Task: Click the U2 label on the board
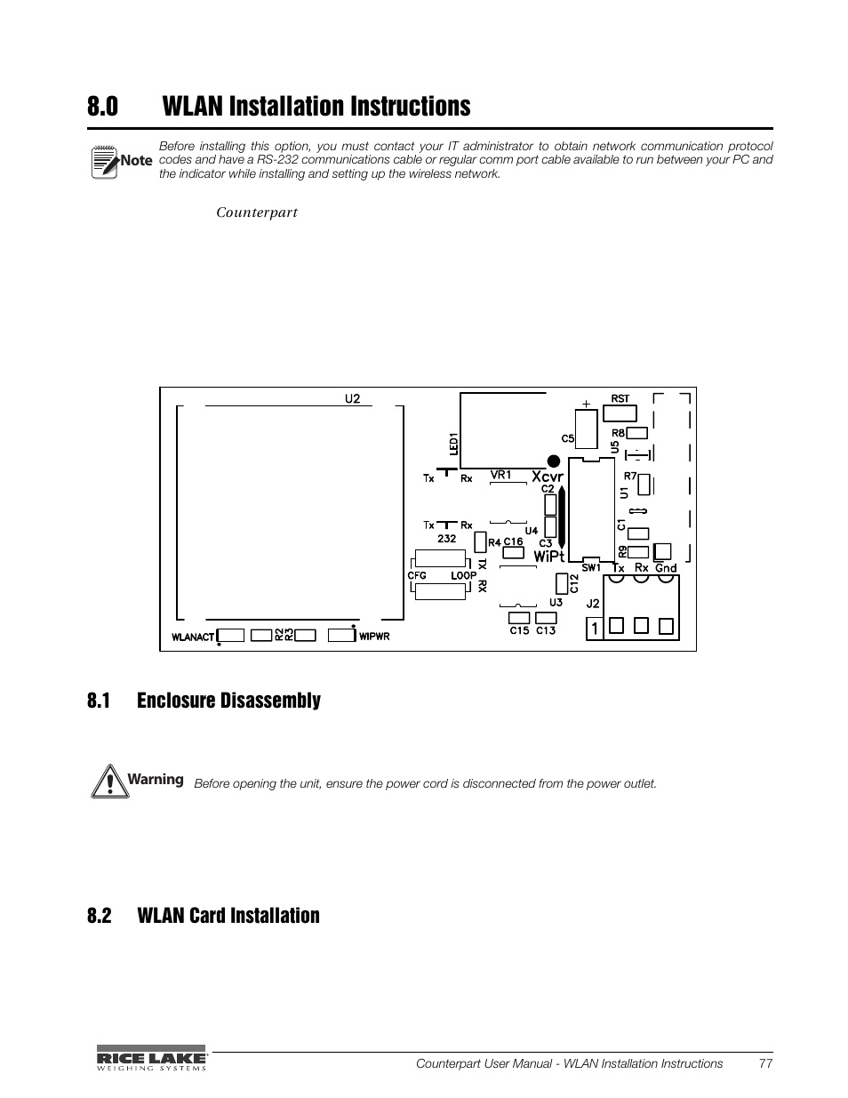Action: [x=353, y=398]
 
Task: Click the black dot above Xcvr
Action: [x=553, y=461]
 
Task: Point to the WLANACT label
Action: [x=193, y=637]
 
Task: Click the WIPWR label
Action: [x=374, y=637]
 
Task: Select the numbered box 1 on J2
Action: [x=593, y=629]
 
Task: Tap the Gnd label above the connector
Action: [x=666, y=568]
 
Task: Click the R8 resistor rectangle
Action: [x=638, y=434]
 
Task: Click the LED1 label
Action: [x=453, y=444]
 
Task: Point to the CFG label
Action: [x=417, y=575]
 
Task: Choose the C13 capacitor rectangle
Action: [x=546, y=617]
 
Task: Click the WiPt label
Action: [x=548, y=557]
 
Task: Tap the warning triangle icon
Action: [x=106, y=781]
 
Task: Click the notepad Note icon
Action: [x=105, y=161]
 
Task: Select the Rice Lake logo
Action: [x=151, y=1057]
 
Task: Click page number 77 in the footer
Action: [x=765, y=1063]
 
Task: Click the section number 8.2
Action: [x=100, y=916]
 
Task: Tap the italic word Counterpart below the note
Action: [x=257, y=213]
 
